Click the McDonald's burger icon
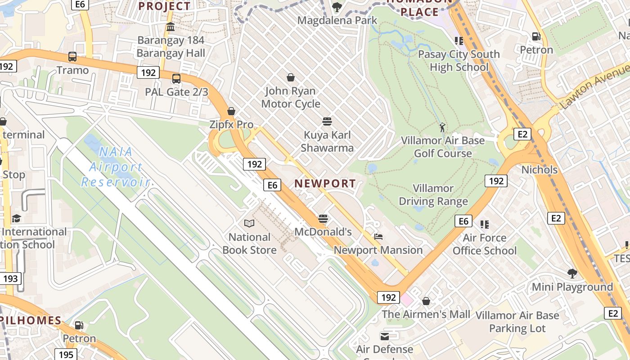[x=323, y=219]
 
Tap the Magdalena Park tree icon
[x=336, y=7]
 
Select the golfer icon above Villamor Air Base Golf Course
[x=442, y=127]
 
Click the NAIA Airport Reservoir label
[x=115, y=167]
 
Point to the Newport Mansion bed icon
[x=378, y=237]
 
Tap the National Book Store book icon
[x=249, y=223]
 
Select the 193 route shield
[x=10, y=279]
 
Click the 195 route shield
[x=66, y=355]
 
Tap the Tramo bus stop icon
[x=72, y=57]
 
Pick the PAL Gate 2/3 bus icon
[x=176, y=79]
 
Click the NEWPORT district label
[x=325, y=184]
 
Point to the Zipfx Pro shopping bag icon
[x=231, y=111]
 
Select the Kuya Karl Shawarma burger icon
[x=327, y=121]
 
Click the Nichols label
[x=539, y=170]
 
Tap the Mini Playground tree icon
[x=572, y=273]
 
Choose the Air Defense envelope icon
[x=385, y=336]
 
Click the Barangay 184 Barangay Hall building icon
[x=171, y=27]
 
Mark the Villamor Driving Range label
[x=433, y=195]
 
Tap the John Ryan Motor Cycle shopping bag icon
[x=291, y=77]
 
